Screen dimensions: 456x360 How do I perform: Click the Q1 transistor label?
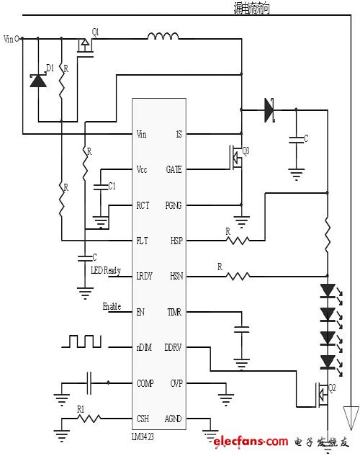[96, 32]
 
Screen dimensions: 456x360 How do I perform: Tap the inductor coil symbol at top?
[164, 36]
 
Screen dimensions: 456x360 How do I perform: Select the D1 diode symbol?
[37, 79]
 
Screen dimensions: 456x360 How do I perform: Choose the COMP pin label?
[145, 383]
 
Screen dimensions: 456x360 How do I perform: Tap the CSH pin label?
[143, 419]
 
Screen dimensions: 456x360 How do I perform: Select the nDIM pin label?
[144, 347]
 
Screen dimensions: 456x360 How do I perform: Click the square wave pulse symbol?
[81, 341]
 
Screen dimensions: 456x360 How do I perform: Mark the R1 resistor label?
[81, 409]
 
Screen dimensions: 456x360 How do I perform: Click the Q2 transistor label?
[332, 387]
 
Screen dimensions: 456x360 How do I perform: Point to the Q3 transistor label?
[246, 151]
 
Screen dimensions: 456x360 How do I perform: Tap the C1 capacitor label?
[112, 186]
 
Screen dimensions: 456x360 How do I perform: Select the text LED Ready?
[106, 270]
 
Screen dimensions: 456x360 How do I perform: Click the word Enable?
[112, 306]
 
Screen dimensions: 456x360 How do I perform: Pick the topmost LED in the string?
[328, 291]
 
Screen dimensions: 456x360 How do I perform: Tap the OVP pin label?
[176, 383]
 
